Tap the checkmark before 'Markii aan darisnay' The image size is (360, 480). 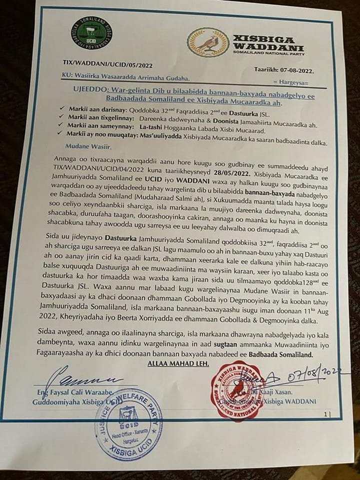pos(61,107)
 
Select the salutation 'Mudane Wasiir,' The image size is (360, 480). pos(87,146)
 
